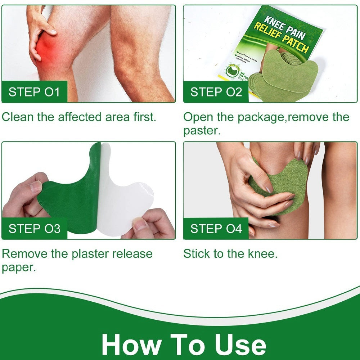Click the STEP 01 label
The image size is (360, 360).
point(34,92)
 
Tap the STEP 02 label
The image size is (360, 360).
point(216,92)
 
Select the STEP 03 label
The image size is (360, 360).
point(34,229)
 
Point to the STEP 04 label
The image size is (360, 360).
point(216,229)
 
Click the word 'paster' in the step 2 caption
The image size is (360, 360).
point(201,131)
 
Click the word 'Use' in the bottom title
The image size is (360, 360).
point(239,345)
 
